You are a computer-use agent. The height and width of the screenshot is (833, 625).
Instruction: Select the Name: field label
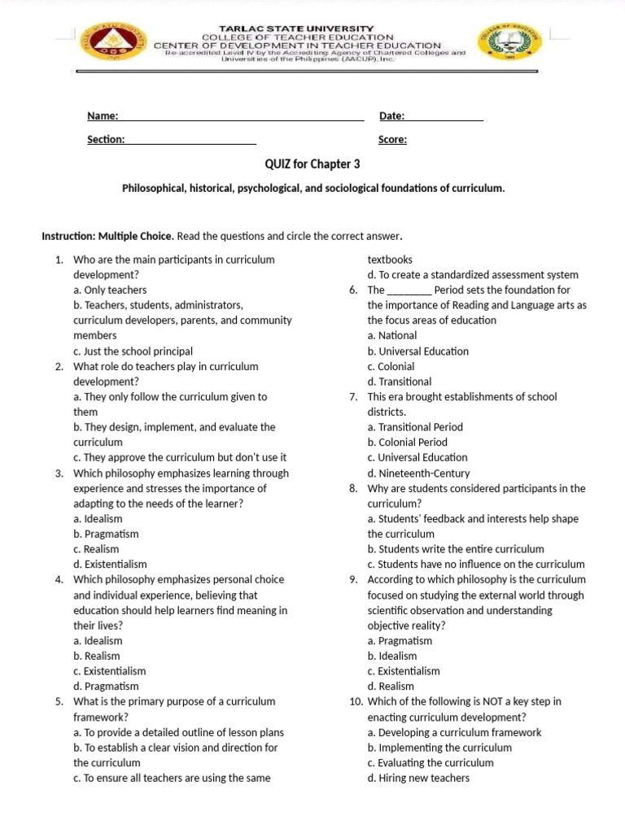click(103, 116)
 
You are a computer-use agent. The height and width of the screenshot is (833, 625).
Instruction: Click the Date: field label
click(392, 116)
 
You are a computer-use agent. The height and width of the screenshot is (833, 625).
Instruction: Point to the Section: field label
click(106, 140)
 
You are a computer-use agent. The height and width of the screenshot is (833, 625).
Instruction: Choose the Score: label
click(393, 140)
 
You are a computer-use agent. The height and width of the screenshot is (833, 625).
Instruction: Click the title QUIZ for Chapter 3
click(312, 164)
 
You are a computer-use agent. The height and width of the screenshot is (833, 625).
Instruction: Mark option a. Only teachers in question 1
click(110, 290)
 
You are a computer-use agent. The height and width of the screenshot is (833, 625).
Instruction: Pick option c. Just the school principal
click(133, 351)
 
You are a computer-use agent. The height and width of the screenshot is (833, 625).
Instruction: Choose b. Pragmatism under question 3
click(106, 534)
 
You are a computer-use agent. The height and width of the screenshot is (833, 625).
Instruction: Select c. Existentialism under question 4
click(110, 671)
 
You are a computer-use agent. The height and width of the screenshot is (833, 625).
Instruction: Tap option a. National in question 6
click(392, 335)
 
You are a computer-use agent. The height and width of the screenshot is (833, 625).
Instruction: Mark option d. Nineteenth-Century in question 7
click(418, 473)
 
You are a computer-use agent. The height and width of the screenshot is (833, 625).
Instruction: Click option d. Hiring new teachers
click(418, 778)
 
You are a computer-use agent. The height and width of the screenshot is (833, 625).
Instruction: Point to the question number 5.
click(59, 701)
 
